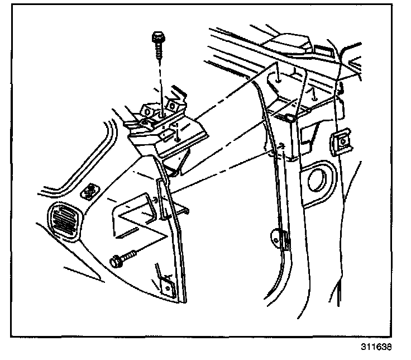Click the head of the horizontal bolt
[x=116, y=260]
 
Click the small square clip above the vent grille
[x=88, y=192]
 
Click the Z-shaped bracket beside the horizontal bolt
[x=134, y=215]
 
